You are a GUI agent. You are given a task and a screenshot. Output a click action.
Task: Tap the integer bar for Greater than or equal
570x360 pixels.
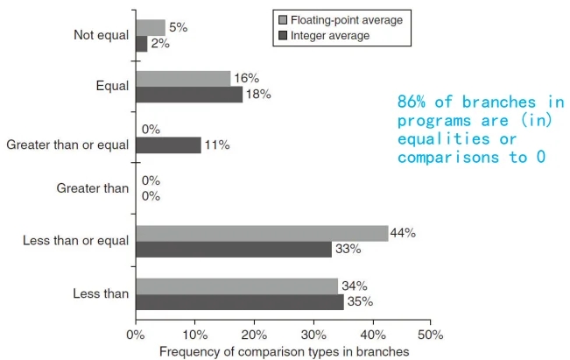coord(168,145)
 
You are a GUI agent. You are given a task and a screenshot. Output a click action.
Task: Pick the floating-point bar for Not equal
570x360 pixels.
coord(150,27)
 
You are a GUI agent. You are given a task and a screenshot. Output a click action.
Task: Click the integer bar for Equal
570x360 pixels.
coord(189,95)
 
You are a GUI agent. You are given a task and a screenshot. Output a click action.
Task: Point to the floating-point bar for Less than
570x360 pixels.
coord(236,286)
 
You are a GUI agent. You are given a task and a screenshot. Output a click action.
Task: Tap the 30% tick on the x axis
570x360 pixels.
coord(313,324)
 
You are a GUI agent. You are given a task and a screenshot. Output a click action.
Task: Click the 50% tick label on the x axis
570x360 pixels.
coord(430,335)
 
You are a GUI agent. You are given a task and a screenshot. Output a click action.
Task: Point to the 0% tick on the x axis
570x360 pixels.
coord(135,324)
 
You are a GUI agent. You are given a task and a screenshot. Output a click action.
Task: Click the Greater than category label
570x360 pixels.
coord(92,187)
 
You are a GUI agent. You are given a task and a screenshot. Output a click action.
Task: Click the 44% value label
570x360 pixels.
coord(404,233)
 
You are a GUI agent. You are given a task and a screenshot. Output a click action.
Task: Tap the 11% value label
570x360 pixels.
coord(216,145)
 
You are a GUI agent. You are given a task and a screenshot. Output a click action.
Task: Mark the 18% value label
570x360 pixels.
coord(258,95)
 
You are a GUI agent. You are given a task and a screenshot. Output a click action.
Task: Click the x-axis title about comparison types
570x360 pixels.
coord(284,351)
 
